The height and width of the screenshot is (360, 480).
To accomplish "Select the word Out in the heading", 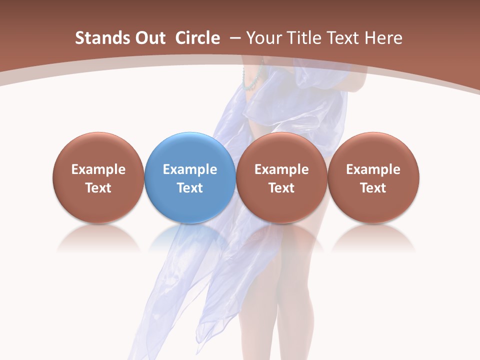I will (149, 38).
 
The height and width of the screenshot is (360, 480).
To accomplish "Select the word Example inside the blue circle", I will (190, 169).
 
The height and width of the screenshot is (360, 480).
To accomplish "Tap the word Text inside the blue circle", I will (190, 188).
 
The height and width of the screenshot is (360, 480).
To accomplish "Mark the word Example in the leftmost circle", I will (98, 169).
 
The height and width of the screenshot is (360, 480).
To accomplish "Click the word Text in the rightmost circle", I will (373, 188).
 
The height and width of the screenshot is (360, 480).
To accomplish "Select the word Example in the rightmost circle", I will (373, 169).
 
